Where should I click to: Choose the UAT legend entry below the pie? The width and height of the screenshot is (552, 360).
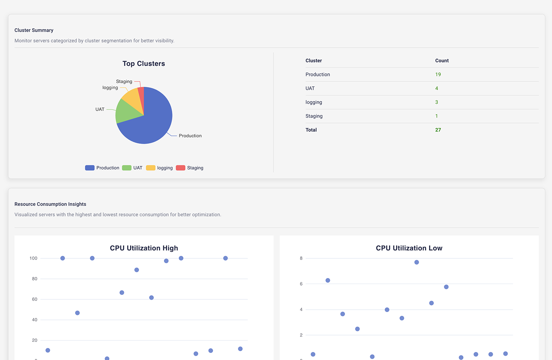point(132,168)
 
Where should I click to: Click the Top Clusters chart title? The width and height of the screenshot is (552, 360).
point(144,64)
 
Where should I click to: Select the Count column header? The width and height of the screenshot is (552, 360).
point(442,61)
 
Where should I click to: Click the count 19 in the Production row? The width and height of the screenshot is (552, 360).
point(438,74)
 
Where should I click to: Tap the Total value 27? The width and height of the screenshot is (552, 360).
point(438,130)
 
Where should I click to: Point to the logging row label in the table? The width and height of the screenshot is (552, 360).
point(314,102)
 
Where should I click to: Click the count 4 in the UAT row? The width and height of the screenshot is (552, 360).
point(437,89)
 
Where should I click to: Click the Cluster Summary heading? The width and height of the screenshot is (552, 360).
point(34,30)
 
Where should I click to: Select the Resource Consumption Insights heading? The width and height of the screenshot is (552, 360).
point(50,204)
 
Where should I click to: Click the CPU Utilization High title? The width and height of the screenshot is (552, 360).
point(144,248)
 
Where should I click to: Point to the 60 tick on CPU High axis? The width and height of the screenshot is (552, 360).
point(35,299)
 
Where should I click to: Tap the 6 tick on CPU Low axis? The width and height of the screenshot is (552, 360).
point(301,284)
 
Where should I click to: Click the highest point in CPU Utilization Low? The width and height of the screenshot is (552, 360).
point(417,262)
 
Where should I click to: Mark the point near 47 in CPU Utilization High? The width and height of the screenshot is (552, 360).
point(77,313)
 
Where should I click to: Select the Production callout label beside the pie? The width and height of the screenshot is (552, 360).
point(190,136)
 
